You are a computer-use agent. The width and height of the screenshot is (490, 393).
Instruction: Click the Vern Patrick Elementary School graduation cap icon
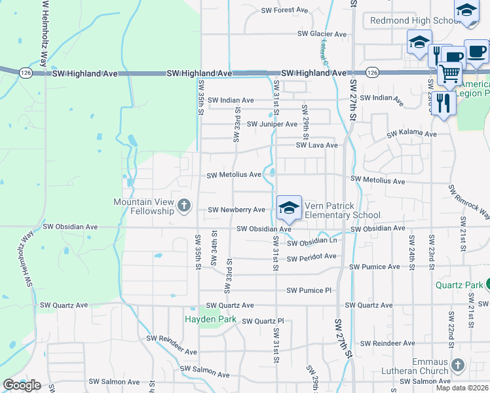(x=289, y=208)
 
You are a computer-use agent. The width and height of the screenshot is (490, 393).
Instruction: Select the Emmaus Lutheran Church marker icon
(x=458, y=364)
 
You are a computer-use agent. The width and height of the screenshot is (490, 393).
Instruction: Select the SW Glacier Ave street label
(x=322, y=34)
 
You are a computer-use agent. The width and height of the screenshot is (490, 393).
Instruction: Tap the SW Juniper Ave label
(x=272, y=124)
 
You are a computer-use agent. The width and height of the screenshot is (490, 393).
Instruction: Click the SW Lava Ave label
(x=316, y=145)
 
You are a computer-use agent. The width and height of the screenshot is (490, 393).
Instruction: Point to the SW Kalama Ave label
(x=411, y=134)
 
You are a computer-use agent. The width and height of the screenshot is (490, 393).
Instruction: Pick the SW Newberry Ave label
(x=236, y=210)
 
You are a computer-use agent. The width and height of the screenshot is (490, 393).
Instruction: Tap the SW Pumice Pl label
(x=310, y=290)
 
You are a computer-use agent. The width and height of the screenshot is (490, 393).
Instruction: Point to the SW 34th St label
(x=214, y=248)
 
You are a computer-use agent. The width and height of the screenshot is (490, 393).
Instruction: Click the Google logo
(x=22, y=385)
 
